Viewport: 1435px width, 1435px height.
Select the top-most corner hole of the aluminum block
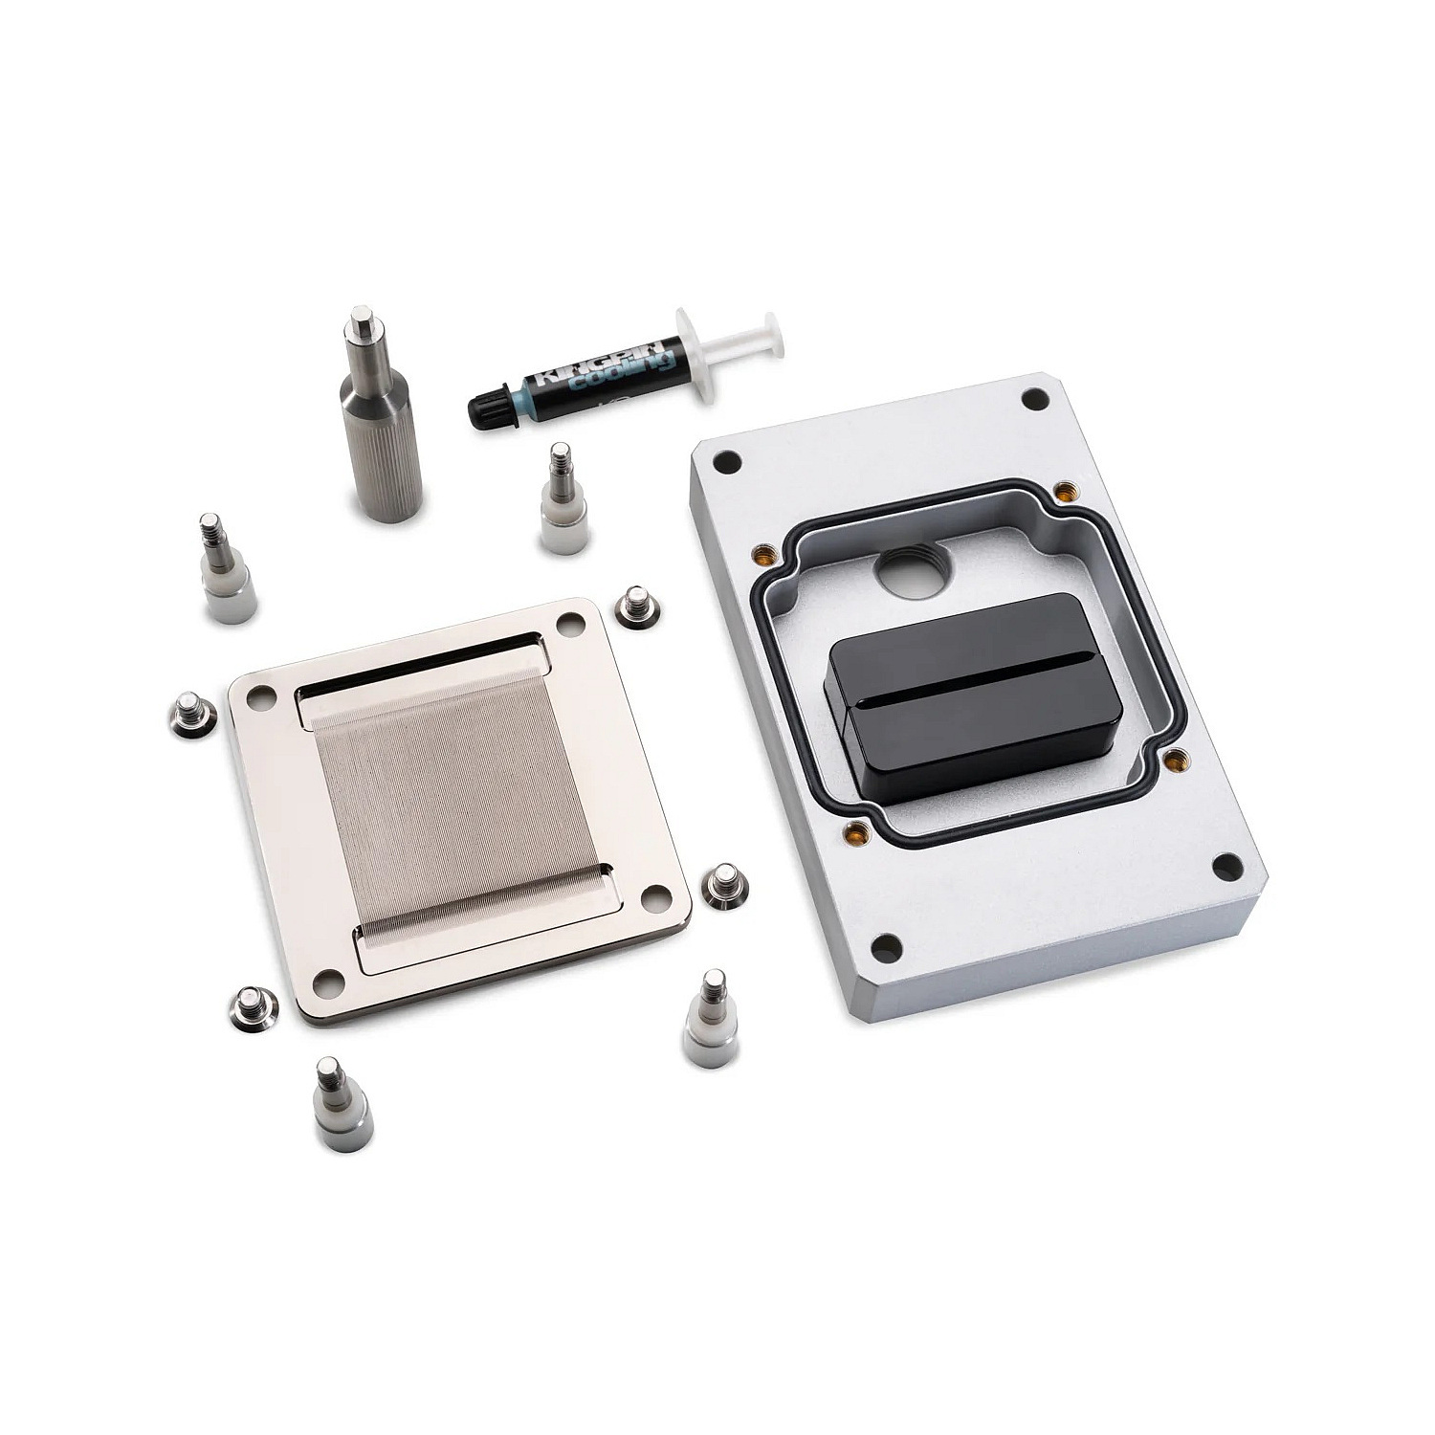coord(1032,398)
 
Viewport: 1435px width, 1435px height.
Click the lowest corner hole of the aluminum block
coord(887,948)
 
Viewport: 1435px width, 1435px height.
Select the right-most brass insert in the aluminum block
coord(1169,760)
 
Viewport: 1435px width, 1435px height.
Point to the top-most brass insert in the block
coord(1061,491)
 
